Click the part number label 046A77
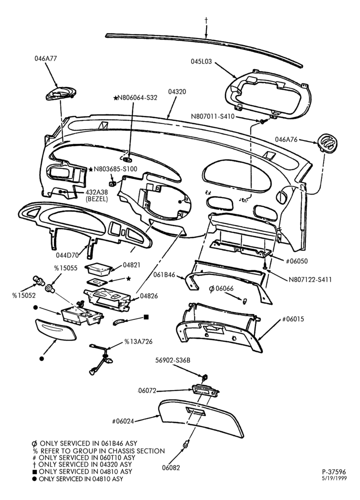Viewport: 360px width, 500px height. [x=45, y=58]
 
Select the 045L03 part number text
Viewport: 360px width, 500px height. [x=201, y=61]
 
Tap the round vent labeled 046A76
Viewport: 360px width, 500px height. [x=328, y=142]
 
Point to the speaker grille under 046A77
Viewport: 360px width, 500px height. [x=61, y=93]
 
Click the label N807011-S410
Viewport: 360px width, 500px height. [x=212, y=116]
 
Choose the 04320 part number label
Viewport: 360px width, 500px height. [x=177, y=92]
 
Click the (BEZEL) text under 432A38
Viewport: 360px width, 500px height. [x=96, y=199]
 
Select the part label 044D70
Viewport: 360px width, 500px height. [x=67, y=255]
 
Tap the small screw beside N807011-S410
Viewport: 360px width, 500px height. [x=263, y=121]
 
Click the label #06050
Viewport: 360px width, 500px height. [x=296, y=261]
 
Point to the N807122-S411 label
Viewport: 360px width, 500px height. [x=310, y=279]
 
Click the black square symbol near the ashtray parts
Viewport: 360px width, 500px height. [x=146, y=317]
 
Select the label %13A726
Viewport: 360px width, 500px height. [x=138, y=342]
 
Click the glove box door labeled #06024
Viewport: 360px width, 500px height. [x=201, y=418]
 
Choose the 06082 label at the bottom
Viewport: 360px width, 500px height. [x=171, y=468]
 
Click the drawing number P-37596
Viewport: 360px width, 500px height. [x=334, y=472]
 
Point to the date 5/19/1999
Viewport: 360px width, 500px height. [x=334, y=478]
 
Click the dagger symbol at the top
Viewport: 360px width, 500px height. [x=206, y=20]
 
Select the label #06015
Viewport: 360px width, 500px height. [x=293, y=319]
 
